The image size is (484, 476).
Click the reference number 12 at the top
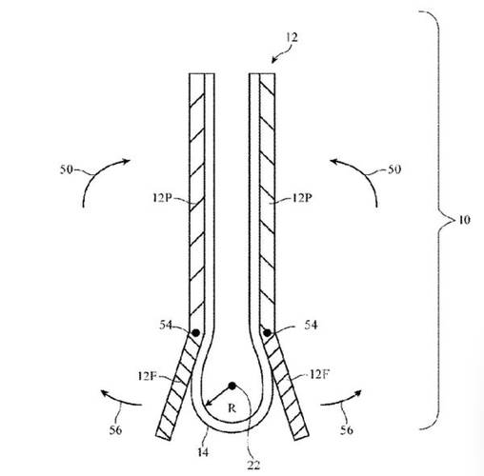click(292, 37)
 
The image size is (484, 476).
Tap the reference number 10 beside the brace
click(464, 220)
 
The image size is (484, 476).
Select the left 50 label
click(67, 169)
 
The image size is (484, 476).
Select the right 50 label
click(394, 169)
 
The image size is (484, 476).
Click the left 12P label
click(162, 198)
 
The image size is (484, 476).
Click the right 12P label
click(302, 198)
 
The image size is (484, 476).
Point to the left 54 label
click(166, 325)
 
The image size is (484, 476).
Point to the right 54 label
click(311, 325)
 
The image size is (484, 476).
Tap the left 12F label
click(148, 376)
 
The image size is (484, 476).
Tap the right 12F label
click(319, 374)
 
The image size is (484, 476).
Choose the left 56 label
click(115, 430)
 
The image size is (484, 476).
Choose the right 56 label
click(347, 430)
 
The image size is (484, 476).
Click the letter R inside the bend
click(232, 408)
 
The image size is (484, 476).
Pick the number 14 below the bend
click(203, 452)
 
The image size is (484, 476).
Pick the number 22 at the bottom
click(253, 466)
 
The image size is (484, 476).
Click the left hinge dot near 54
click(196, 333)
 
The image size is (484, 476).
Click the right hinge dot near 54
click(267, 333)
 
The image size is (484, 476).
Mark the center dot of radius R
click(232, 386)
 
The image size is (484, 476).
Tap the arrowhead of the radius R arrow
click(207, 405)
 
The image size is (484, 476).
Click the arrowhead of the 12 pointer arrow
click(272, 62)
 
